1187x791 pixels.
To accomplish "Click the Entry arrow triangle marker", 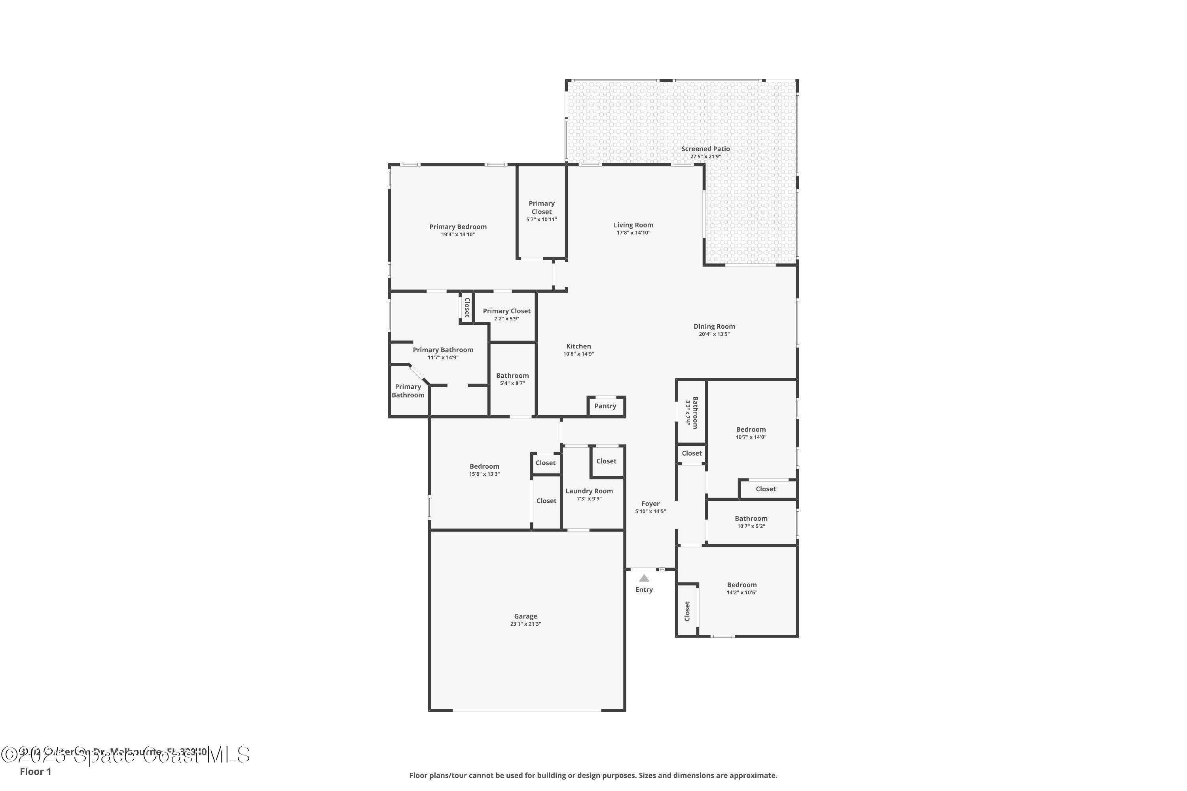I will tap(644, 578).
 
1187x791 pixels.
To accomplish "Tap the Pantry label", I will tap(605, 406).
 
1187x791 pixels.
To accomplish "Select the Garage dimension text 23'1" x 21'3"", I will tap(525, 624).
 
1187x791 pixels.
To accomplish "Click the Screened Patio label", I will tap(705, 149).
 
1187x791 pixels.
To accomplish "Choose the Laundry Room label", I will tap(589, 491).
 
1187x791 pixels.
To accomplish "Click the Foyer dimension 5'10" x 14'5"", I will tap(650, 511).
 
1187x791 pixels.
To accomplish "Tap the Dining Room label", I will tap(714, 326).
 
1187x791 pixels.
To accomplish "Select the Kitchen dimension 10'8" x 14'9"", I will tap(578, 354).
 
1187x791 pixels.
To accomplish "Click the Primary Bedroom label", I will tap(458, 227).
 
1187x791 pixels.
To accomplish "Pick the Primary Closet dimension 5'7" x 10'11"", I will tap(542, 220).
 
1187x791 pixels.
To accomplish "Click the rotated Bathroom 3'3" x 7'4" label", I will tap(695, 413).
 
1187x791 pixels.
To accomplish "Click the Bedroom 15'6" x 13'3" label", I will tap(484, 466).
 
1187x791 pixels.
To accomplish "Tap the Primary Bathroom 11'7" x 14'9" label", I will tap(443, 350).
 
